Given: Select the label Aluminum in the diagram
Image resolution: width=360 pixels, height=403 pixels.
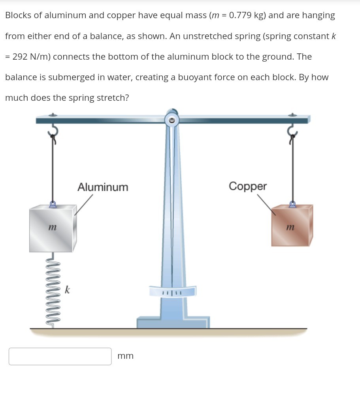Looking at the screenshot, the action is (103, 187).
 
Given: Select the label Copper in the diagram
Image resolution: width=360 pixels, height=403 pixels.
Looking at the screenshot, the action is (248, 186).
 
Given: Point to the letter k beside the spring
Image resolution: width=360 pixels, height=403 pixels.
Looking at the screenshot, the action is (67, 290).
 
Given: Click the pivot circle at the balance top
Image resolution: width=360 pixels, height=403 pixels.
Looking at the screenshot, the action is (172, 120).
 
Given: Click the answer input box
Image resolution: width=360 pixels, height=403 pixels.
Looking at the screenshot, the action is (60, 356).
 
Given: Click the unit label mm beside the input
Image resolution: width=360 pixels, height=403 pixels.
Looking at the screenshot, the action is (126, 356).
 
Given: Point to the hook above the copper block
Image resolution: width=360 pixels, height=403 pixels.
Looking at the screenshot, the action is (292, 132).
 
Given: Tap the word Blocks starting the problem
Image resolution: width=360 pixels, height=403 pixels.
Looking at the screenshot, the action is (19, 15).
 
